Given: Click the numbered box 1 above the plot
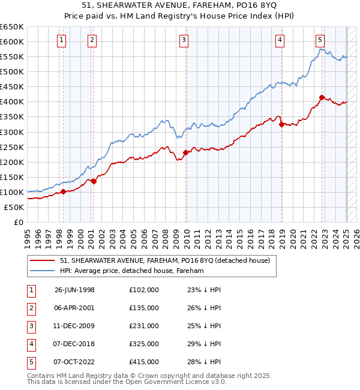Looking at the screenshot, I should pos(62,40).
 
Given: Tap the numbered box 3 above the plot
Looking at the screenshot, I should pos(184,40).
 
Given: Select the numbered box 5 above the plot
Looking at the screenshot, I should pos(320,40).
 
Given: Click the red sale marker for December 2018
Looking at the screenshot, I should pos(281,124).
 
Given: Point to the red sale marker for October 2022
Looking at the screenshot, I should pos(322,97).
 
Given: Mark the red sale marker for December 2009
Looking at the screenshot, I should pos(186,152).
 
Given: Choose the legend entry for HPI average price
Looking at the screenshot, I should pos(132,271).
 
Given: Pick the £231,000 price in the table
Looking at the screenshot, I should pos(144,326).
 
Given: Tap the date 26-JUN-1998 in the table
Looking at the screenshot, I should pos(74,290).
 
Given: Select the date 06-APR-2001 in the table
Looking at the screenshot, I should pos(74,308).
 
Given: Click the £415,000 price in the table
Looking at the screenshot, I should pos(144,362).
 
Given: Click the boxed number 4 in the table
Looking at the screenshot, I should pos(30,344).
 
